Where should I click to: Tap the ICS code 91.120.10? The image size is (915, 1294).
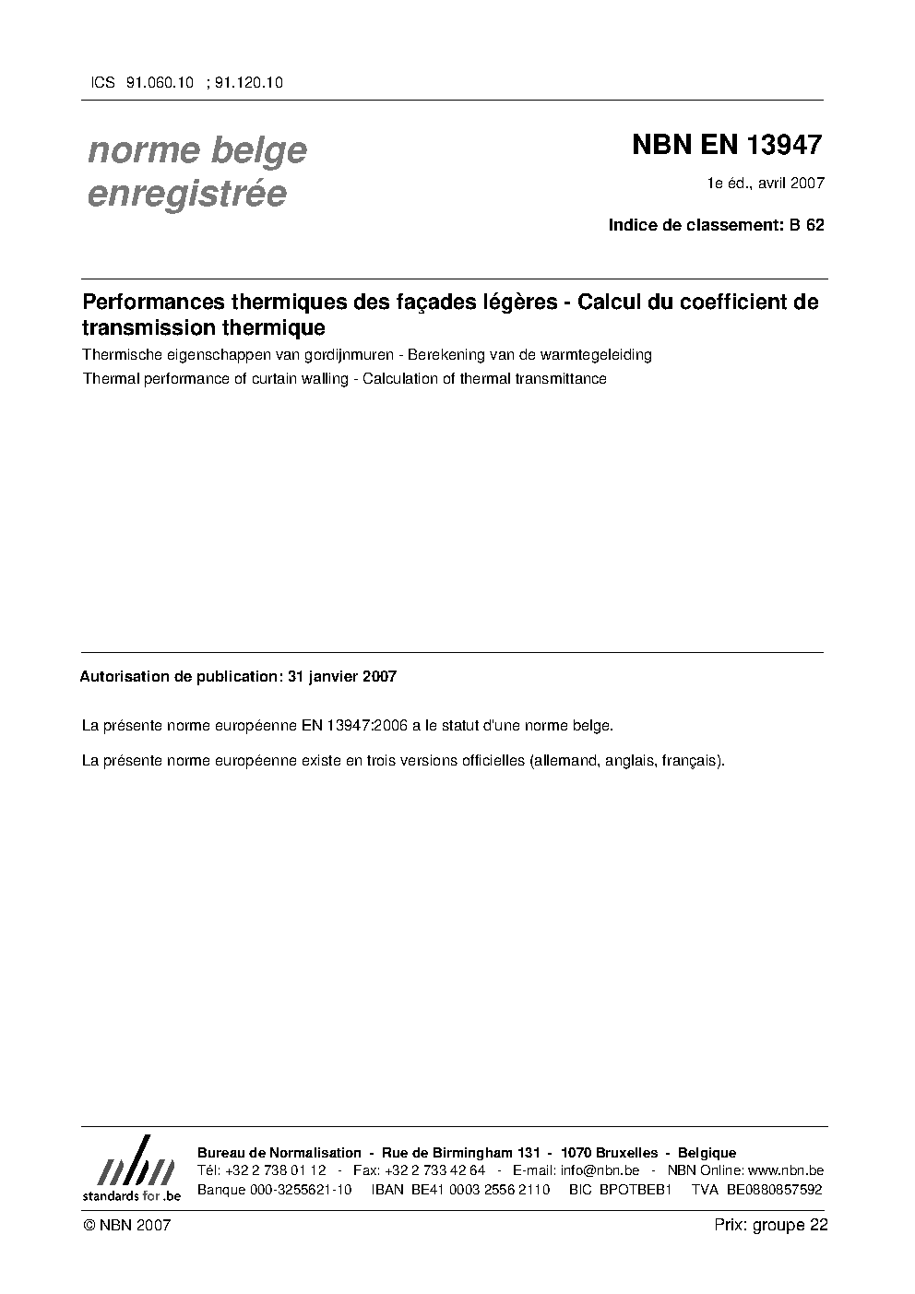tap(248, 82)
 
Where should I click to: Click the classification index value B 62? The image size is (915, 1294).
tap(806, 224)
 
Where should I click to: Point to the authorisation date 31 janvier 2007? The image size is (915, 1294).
tap(342, 676)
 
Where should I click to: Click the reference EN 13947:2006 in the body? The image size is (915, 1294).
tap(355, 726)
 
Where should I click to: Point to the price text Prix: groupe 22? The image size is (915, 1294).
tap(771, 1225)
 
